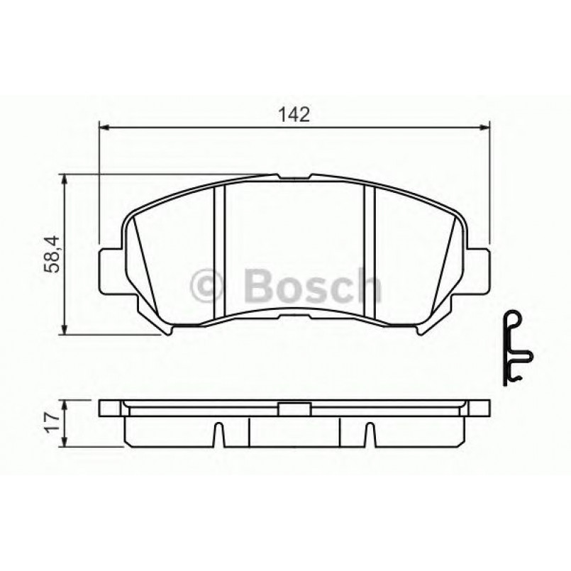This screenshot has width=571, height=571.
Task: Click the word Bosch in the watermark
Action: [x=311, y=285]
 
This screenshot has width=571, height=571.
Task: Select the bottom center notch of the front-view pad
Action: [x=294, y=316]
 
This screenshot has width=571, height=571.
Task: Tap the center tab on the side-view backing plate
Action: [x=294, y=409]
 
